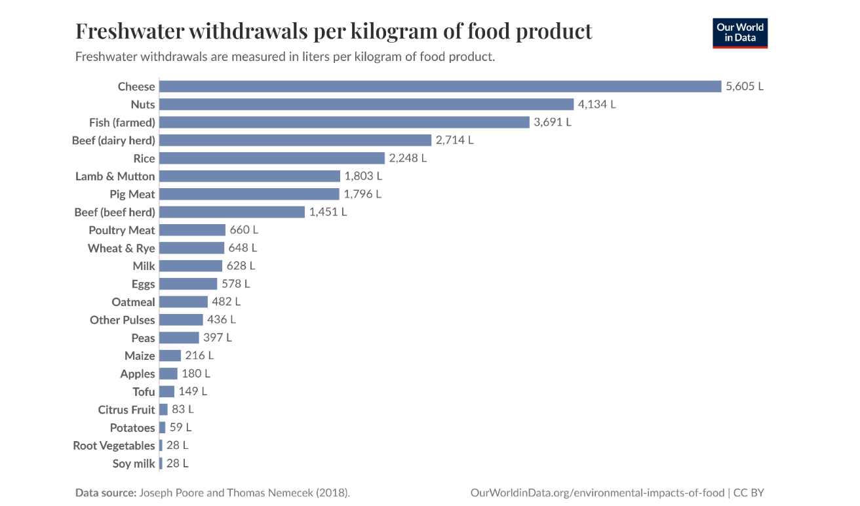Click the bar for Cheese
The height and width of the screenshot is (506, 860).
(x=440, y=87)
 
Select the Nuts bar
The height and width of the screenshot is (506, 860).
(x=366, y=104)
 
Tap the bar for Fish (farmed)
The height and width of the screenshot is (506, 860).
(x=344, y=123)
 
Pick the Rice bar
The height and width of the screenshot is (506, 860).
(x=271, y=158)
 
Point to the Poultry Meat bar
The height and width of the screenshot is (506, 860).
(x=192, y=230)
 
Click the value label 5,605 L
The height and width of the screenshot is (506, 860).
(x=745, y=87)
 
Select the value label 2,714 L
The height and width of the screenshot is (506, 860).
(x=454, y=140)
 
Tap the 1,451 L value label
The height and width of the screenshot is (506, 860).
(x=328, y=212)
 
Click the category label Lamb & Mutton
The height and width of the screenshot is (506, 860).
(x=115, y=176)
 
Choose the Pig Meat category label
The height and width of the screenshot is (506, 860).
(x=132, y=194)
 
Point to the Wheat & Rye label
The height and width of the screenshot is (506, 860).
(x=121, y=248)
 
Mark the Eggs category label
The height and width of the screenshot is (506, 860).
(x=143, y=284)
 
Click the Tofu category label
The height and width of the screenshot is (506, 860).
(x=144, y=392)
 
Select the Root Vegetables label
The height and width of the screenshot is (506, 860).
(x=114, y=446)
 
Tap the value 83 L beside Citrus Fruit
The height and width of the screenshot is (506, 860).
(x=183, y=410)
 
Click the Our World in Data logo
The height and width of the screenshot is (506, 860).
(x=740, y=33)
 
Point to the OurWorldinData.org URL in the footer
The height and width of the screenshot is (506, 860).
(x=596, y=493)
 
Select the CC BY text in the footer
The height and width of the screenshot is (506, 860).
(x=749, y=493)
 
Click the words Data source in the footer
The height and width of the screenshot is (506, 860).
(x=105, y=493)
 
